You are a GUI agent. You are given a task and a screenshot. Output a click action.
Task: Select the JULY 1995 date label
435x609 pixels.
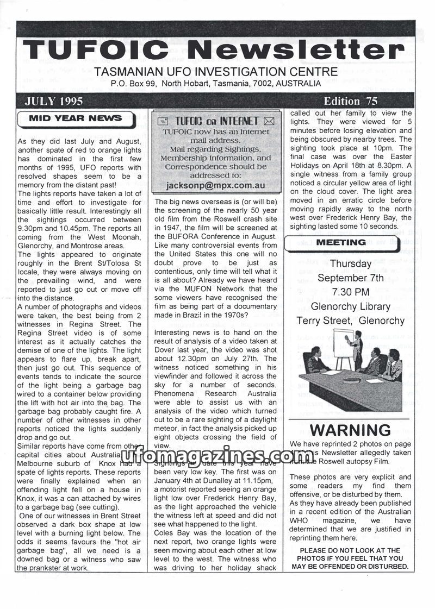click(53, 101)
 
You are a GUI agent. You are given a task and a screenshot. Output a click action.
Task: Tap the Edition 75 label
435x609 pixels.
click(350, 101)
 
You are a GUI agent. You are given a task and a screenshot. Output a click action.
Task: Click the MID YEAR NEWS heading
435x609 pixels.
click(75, 118)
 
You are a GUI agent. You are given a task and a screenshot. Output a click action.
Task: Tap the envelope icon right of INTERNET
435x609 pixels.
click(268, 121)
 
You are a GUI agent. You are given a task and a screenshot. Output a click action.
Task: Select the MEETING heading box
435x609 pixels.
click(341, 242)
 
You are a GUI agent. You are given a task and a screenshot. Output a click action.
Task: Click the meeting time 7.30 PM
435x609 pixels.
click(351, 292)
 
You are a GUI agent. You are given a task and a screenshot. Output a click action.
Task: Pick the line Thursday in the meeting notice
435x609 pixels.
click(351, 264)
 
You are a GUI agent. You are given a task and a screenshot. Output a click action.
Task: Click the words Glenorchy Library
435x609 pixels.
click(351, 306)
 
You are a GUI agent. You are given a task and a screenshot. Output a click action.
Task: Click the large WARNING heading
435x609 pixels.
click(350, 430)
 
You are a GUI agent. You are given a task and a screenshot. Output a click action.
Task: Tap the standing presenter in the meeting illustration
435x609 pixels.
click(356, 348)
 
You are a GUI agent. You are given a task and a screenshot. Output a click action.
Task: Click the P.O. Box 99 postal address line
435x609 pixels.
click(215, 84)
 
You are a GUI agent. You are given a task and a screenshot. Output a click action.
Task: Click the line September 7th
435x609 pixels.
click(351, 278)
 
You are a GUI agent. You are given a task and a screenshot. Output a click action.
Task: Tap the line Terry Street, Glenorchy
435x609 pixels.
click(351, 321)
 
